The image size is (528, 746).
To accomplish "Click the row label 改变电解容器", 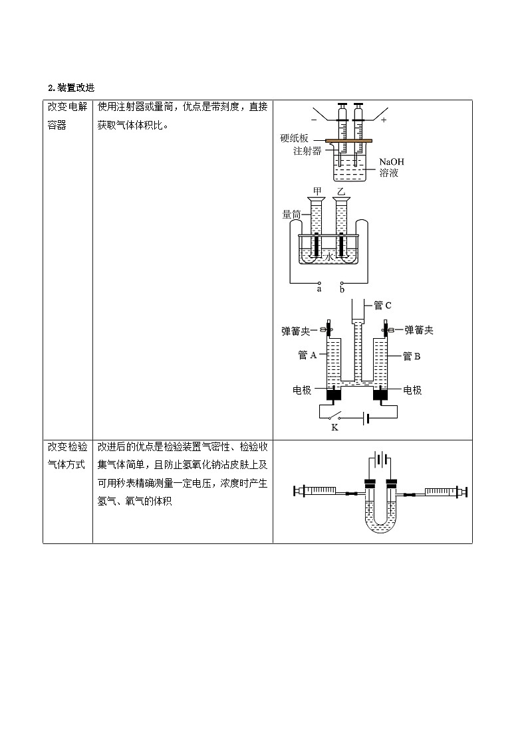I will [66, 116].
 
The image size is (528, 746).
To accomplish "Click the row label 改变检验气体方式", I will [66, 456].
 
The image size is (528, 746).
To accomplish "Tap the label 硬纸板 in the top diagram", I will [294, 139].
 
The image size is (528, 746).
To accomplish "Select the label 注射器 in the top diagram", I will [307, 151].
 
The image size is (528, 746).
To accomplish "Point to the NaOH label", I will [392, 162].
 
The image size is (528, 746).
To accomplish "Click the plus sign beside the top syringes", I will [384, 120].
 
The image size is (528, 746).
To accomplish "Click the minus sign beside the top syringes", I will [314, 120].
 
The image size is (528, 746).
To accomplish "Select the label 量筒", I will [292, 215].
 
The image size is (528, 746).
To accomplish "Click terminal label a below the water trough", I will [319, 289].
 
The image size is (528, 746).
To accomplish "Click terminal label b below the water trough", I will [342, 289].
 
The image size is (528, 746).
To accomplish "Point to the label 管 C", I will [382, 306].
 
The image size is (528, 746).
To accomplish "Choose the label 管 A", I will [307, 355].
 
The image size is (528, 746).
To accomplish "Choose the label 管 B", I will [412, 356].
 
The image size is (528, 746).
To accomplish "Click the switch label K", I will [334, 427].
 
